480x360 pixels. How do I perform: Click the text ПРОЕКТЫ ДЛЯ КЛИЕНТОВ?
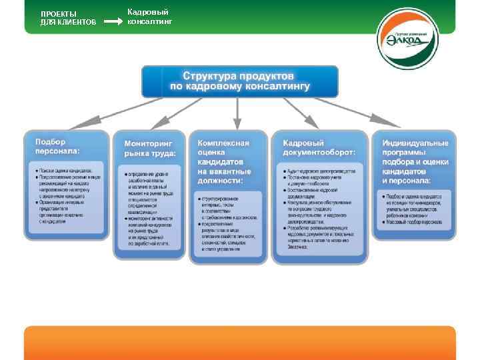(x=68, y=18)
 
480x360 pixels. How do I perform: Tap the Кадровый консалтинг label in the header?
(x=149, y=17)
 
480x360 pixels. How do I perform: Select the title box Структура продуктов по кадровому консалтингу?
(x=239, y=81)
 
